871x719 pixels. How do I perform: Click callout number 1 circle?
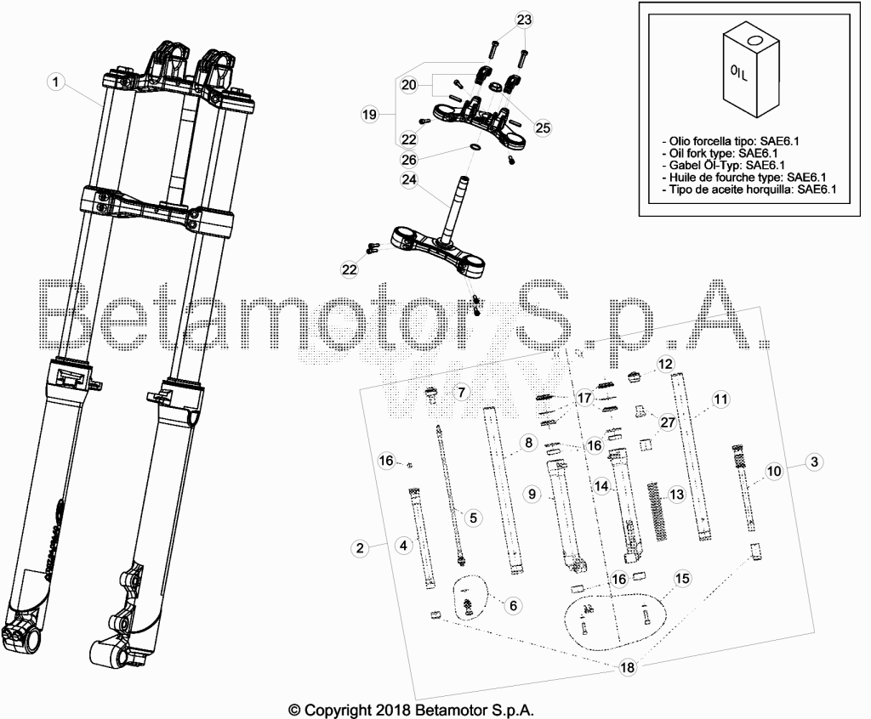[55, 82]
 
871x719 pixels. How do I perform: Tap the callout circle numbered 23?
[524, 20]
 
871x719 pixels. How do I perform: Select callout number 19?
[369, 115]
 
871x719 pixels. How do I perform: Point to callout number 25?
[543, 127]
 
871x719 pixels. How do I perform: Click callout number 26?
[409, 160]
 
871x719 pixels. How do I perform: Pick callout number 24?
[409, 180]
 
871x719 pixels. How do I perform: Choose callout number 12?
[665, 365]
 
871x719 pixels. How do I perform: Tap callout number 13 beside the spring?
[676, 494]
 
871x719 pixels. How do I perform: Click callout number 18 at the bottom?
[627, 667]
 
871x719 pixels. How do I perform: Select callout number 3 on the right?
[814, 461]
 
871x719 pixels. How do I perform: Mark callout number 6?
[513, 605]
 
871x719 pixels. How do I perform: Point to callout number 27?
[668, 422]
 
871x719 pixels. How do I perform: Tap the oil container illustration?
[751, 68]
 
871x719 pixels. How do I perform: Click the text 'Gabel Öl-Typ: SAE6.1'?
[726, 166]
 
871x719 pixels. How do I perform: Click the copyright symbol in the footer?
[295, 710]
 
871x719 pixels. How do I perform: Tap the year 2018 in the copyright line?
[392, 710]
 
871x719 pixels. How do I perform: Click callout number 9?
[532, 494]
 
